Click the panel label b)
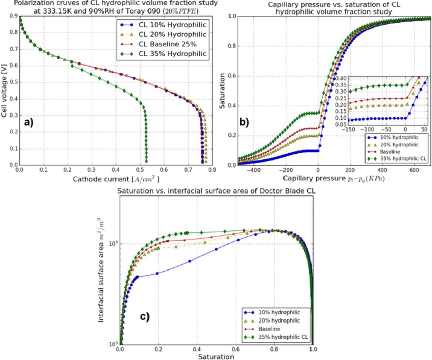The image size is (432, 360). [x=244, y=122]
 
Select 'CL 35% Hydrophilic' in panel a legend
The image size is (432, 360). [x=172, y=54]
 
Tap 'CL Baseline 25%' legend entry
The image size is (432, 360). [x=168, y=44]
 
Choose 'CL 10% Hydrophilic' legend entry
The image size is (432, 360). [x=172, y=25]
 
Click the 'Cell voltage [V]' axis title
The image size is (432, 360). [x=4, y=92]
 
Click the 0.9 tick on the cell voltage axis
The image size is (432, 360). [x=13, y=16]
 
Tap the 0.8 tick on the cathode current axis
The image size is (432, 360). [x=212, y=170]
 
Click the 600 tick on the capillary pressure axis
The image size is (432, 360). [x=414, y=170]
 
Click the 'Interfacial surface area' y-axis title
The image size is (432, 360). [x=101, y=270]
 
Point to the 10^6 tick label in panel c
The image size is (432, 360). [x=113, y=243]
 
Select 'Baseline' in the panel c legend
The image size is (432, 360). [x=269, y=329]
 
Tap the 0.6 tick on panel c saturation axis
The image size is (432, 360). [x=236, y=349]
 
